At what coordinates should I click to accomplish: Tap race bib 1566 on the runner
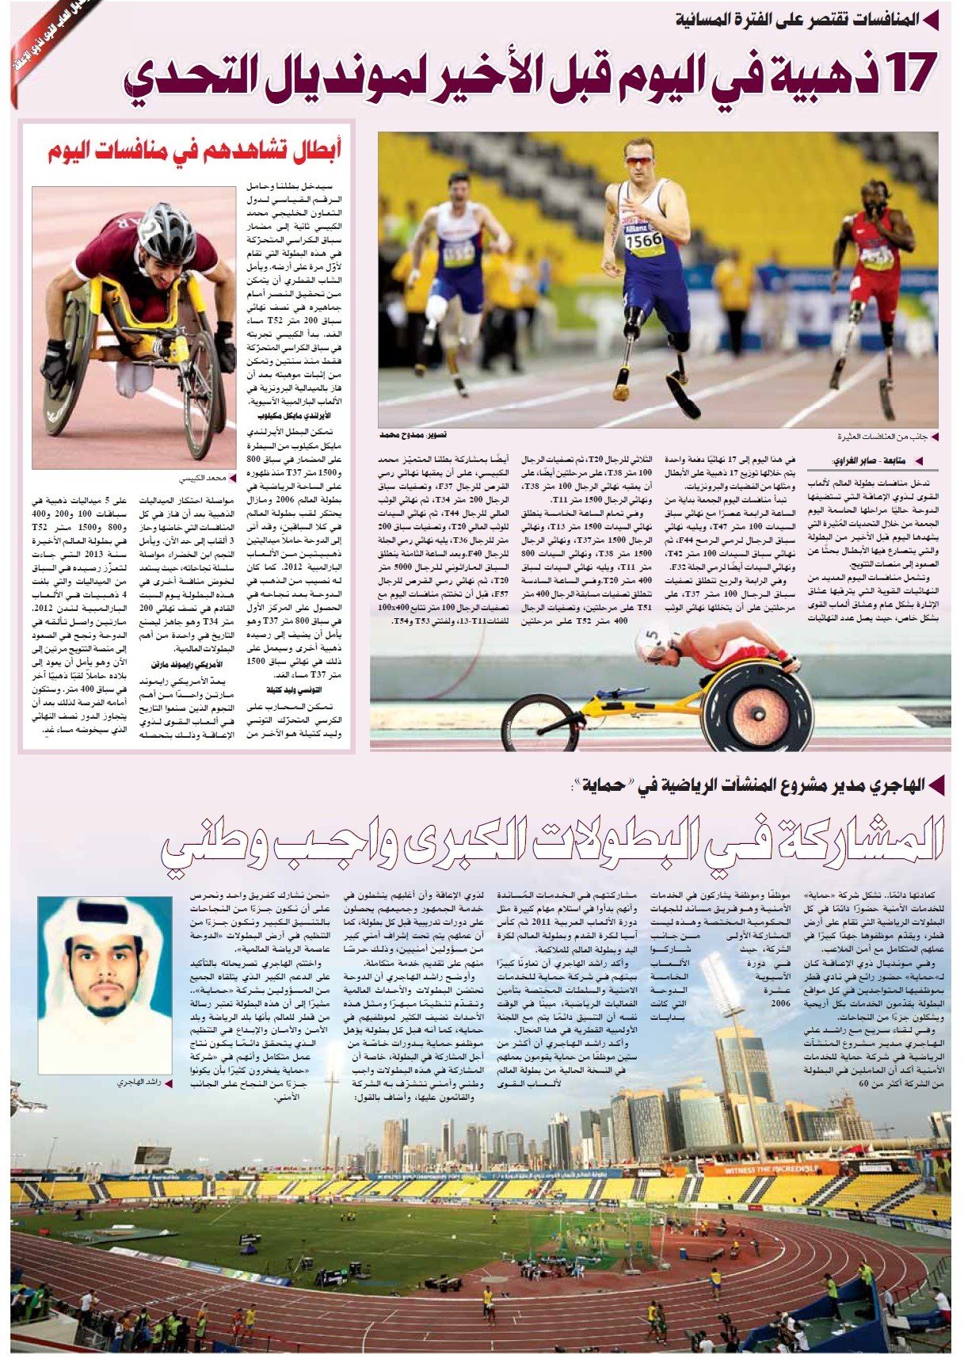tap(643, 239)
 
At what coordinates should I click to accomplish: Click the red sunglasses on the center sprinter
tap(639, 160)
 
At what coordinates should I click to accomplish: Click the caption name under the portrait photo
tap(135, 1083)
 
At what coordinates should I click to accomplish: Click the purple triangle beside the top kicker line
tap(933, 17)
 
